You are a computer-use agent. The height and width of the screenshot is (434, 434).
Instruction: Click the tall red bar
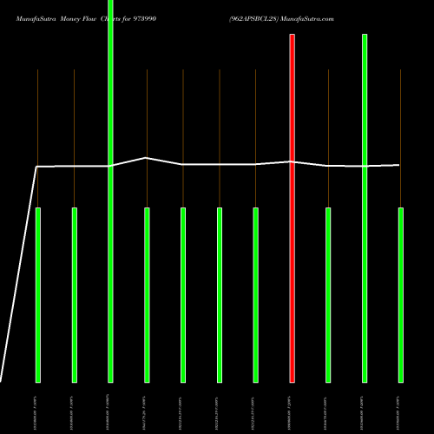pos(292,208)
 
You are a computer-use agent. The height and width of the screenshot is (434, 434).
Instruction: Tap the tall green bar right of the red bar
pos(365,208)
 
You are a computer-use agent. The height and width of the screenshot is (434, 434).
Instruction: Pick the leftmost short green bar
pos(38,295)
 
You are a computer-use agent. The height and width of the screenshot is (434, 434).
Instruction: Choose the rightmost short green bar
pos(401,295)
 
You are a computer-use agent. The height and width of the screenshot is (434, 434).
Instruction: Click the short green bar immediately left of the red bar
pos(255,295)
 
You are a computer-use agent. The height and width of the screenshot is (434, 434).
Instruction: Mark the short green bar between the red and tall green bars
pos(328,295)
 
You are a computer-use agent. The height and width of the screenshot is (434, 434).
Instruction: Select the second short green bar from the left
pos(75,295)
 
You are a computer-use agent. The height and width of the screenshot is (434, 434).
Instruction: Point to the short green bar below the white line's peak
pos(147,295)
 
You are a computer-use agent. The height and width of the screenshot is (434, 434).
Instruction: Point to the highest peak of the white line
pos(146,158)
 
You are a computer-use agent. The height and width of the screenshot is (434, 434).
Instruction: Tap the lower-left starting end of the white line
pos(2,380)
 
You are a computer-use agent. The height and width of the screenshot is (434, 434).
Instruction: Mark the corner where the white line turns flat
pos(36,166)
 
